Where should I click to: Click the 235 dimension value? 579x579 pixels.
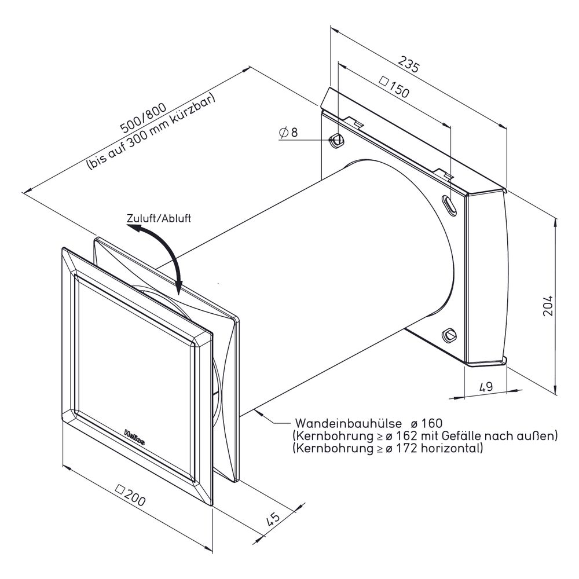[409, 64]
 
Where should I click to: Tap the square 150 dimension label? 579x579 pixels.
[394, 87]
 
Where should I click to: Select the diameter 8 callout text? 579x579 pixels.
[288, 132]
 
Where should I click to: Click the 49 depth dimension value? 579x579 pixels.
[486, 387]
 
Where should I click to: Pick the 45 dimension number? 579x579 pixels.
[273, 519]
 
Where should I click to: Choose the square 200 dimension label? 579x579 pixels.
[131, 496]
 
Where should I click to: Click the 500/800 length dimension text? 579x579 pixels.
[144, 118]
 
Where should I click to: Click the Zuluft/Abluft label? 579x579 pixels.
[159, 218]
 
